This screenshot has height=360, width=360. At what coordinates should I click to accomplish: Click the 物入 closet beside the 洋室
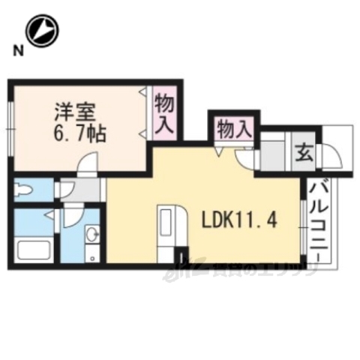[x=164, y=111]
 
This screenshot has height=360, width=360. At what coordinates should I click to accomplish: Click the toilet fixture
[x=24, y=190]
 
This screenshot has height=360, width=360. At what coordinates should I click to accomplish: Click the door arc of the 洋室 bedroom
[x=89, y=164]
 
